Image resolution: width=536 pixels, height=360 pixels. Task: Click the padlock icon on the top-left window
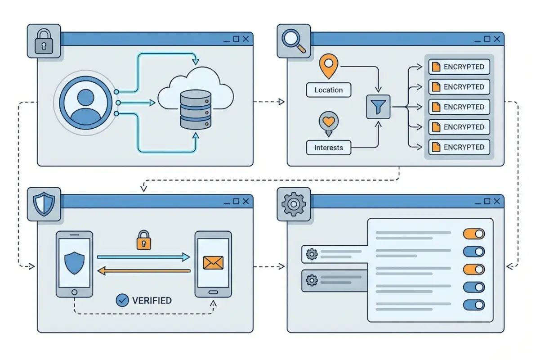(x=44, y=41)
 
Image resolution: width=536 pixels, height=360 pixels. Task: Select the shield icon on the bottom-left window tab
(x=44, y=205)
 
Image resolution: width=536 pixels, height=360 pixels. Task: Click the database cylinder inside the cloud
(x=196, y=109)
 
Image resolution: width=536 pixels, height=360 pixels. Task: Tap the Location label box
(x=328, y=90)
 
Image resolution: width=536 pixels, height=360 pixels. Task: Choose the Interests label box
(x=328, y=148)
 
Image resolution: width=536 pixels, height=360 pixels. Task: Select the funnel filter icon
(x=378, y=107)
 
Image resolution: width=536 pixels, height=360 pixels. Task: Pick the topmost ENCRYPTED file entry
(x=459, y=67)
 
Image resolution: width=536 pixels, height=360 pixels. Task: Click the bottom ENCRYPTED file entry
(x=459, y=147)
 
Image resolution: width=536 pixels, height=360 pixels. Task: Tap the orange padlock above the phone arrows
(x=143, y=240)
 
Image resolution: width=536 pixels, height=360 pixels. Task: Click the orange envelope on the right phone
(x=213, y=263)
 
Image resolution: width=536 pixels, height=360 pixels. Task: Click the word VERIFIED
(x=152, y=300)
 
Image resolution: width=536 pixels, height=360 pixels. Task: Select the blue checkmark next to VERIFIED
(x=122, y=300)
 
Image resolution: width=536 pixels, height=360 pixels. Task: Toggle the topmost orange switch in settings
(x=474, y=234)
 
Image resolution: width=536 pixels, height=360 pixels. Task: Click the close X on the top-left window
(x=246, y=39)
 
